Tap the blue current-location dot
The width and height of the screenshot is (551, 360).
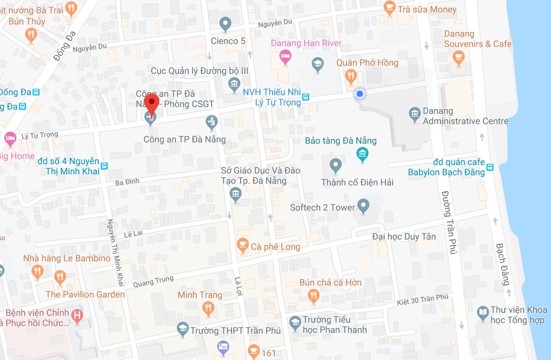pos(360,94)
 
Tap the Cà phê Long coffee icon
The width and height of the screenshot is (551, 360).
pos(242,246)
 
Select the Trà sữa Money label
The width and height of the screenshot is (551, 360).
pos(427,9)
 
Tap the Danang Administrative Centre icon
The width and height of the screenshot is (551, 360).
pos(414,114)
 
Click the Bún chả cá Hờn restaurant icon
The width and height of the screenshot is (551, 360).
pos(314,296)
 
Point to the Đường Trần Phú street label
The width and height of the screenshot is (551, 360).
pos(449,221)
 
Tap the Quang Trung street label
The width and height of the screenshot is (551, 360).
pos(153,282)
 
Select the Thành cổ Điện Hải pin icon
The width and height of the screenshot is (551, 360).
pos(336,165)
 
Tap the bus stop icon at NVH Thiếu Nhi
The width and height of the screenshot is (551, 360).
pos(306,97)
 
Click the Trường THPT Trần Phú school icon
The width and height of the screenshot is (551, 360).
pos(183,329)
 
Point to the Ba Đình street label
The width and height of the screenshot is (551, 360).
pos(127,182)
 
